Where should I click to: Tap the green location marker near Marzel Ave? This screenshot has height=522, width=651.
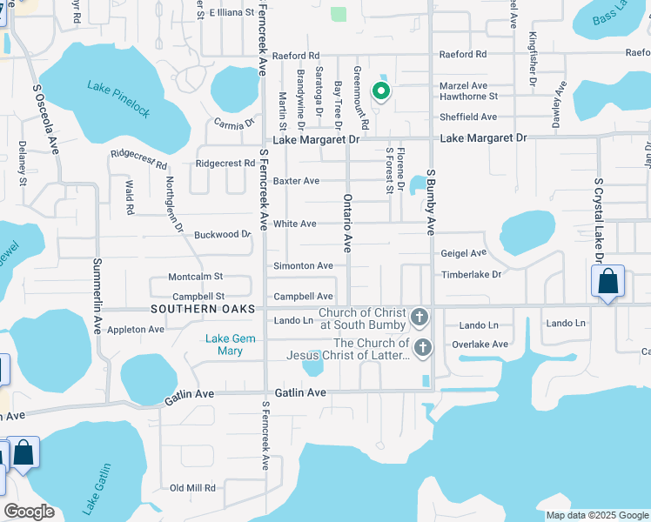click(x=380, y=90)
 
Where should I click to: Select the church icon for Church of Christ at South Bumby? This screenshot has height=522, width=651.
click(x=420, y=317)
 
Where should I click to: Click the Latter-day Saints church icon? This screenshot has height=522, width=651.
click(x=423, y=349)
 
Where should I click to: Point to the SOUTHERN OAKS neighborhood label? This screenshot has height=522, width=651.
click(x=203, y=310)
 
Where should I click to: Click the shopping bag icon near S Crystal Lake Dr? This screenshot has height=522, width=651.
click(x=607, y=282)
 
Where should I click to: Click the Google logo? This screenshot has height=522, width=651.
click(x=30, y=512)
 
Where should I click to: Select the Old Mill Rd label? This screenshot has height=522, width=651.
click(x=192, y=488)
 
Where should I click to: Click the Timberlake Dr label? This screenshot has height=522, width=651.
click(x=472, y=274)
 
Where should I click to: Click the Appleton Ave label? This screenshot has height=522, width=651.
click(x=136, y=330)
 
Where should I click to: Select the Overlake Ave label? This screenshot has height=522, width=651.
click(x=480, y=345)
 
